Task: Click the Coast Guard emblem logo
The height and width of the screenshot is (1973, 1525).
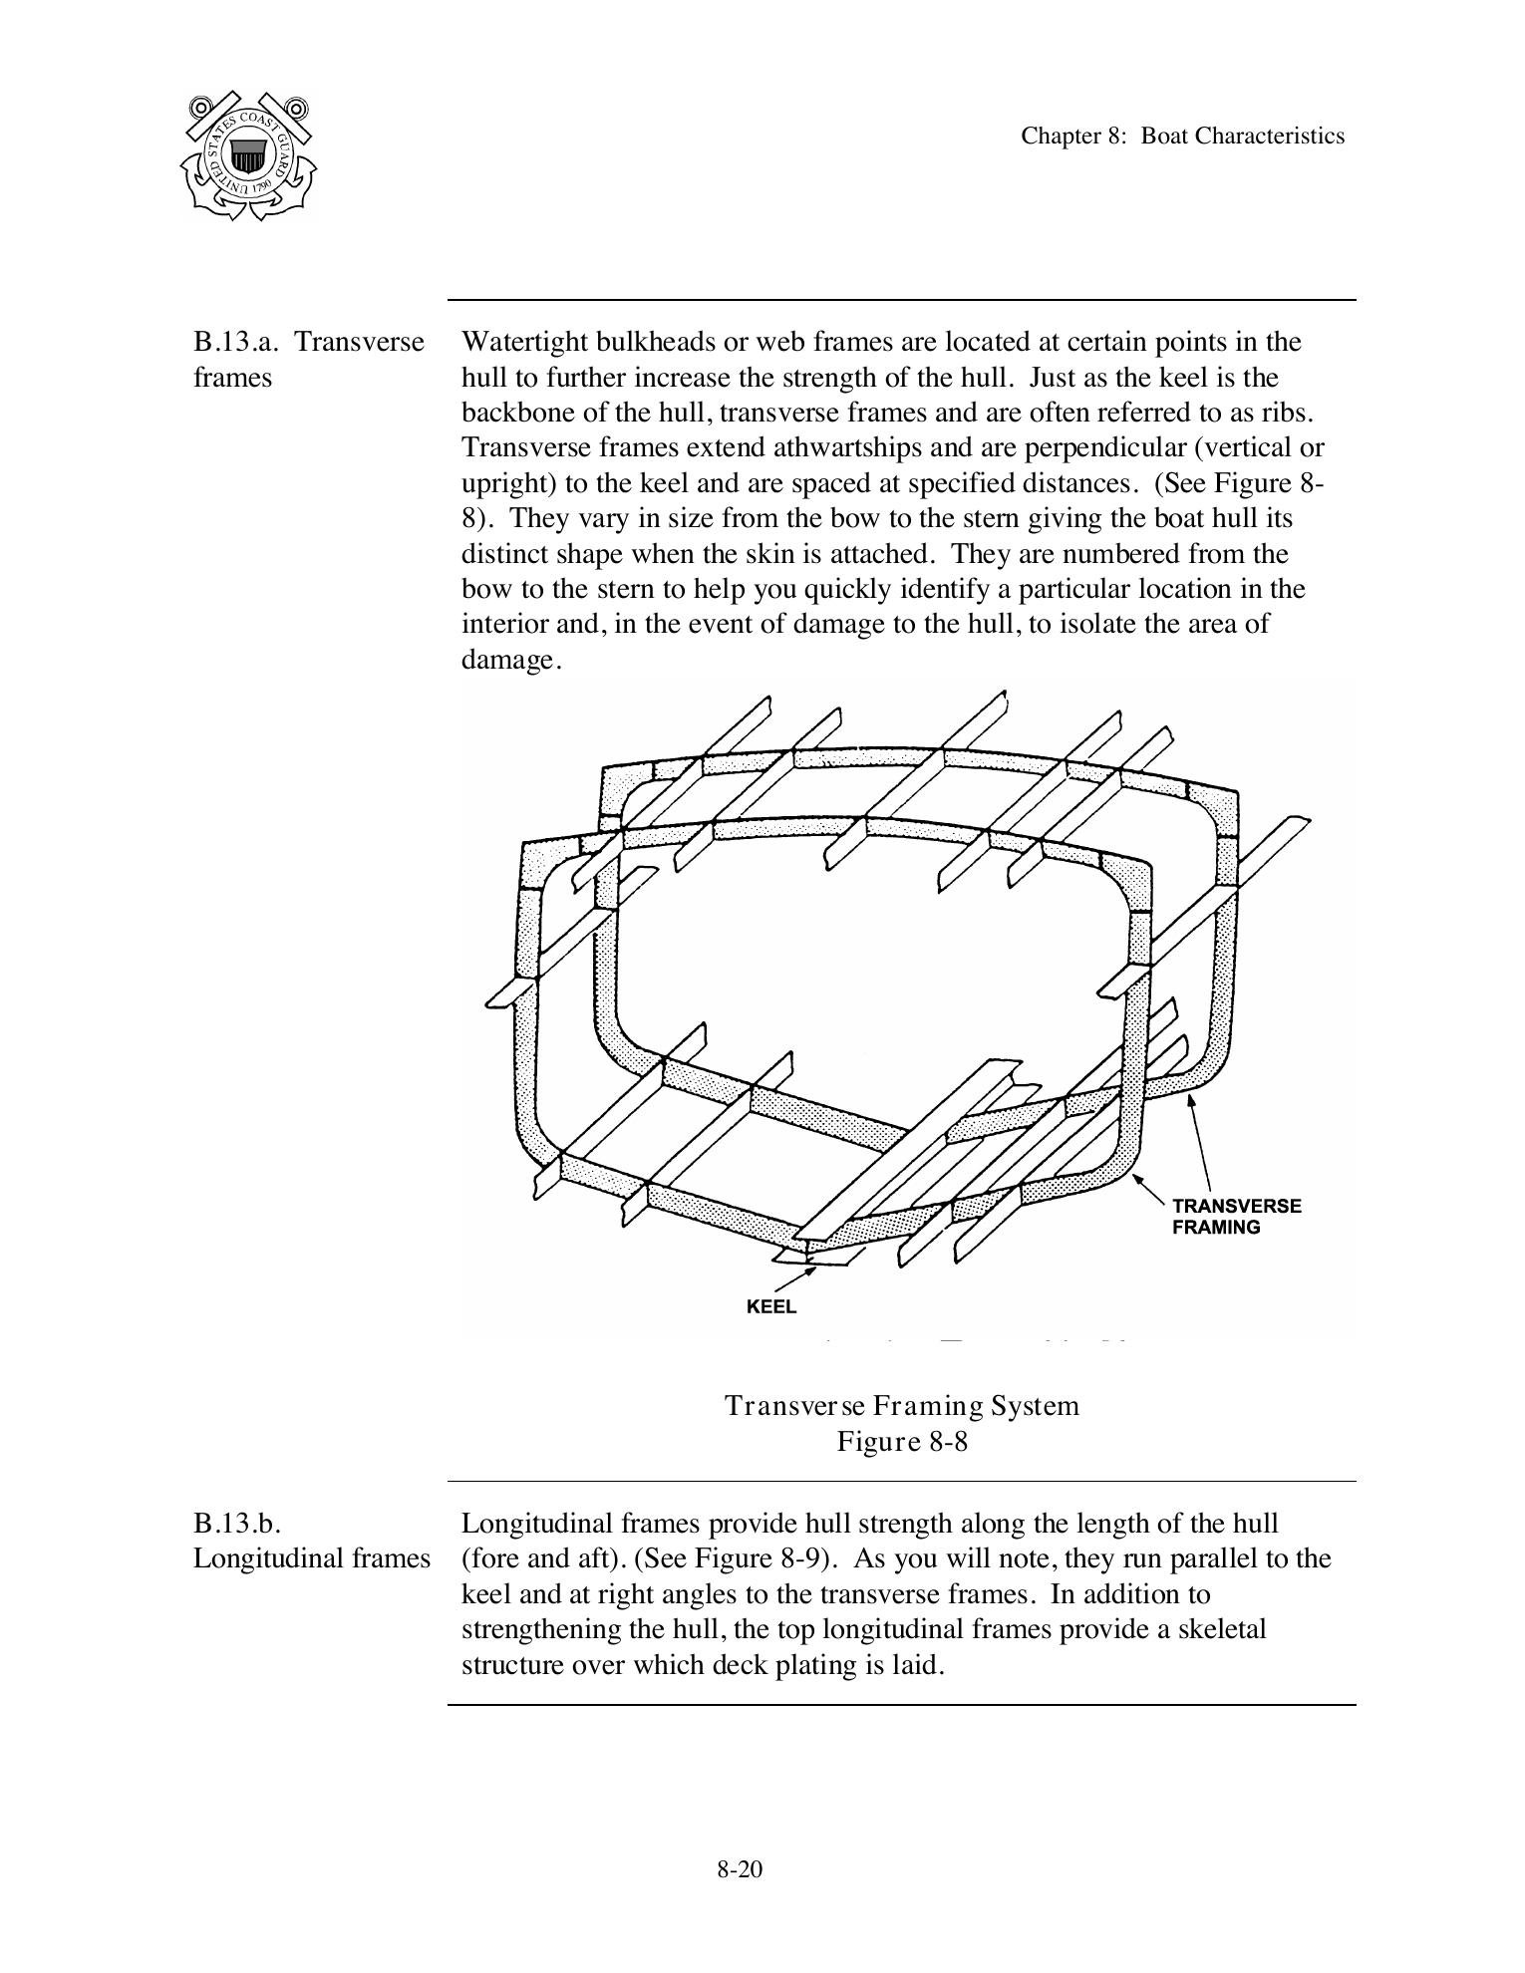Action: [248, 155]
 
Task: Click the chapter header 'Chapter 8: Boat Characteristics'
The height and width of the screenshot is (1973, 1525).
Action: [1182, 137]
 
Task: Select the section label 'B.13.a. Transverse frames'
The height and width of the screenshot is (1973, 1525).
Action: [308, 360]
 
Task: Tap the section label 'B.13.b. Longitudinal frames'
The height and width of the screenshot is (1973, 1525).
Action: [311, 1541]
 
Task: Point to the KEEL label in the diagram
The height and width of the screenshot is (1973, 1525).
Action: [771, 1306]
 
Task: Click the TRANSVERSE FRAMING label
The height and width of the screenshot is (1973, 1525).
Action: [1236, 1217]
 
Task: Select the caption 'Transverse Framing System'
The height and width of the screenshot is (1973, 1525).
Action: [902, 1406]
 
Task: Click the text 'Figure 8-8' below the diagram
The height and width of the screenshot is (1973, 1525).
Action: [902, 1442]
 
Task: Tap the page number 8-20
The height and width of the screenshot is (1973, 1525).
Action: [740, 1869]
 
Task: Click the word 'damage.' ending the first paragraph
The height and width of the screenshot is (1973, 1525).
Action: [511, 661]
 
